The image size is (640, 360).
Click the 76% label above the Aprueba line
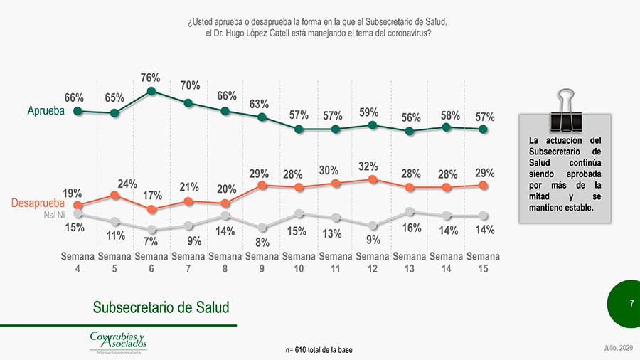pos(151,78)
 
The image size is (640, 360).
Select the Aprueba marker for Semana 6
pos(151,91)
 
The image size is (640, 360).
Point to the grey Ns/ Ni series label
pos(54,214)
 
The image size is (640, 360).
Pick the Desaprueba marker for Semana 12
pos(373,180)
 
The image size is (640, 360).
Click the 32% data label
pos(368,166)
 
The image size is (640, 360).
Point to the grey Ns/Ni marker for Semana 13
pos(410,211)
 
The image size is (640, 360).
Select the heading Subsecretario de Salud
pos(161,307)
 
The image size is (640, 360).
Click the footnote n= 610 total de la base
pos(319,350)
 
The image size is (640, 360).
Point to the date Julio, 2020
pos(616,346)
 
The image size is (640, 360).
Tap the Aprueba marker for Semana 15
pos(483,129)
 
